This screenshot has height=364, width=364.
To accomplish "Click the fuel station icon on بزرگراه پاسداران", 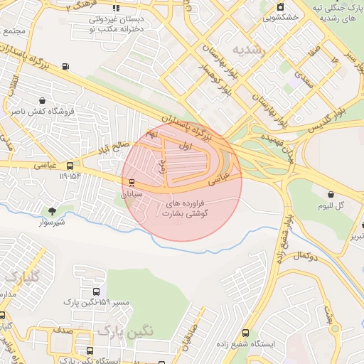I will tap(66, 67).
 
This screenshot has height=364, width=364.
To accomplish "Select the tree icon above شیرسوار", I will tap(51, 210).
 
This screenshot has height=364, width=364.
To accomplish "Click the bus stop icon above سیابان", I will tap(131, 181).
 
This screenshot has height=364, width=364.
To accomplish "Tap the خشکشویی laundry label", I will tap(281, 18).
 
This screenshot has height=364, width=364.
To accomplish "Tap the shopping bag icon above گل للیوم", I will tap(331, 194).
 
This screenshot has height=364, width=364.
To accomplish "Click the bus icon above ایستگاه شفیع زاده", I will tap(246, 332).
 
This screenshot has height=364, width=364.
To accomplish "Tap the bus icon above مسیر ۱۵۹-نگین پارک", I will tap(97, 291).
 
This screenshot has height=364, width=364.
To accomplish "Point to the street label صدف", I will tap(62, 330).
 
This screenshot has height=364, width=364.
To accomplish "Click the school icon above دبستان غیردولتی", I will tap(116, 8).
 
